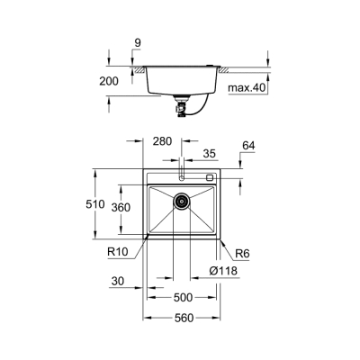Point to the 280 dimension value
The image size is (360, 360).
[163, 141]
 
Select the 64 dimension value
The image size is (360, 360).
[249, 145]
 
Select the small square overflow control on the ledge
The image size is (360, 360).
[210, 178]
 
